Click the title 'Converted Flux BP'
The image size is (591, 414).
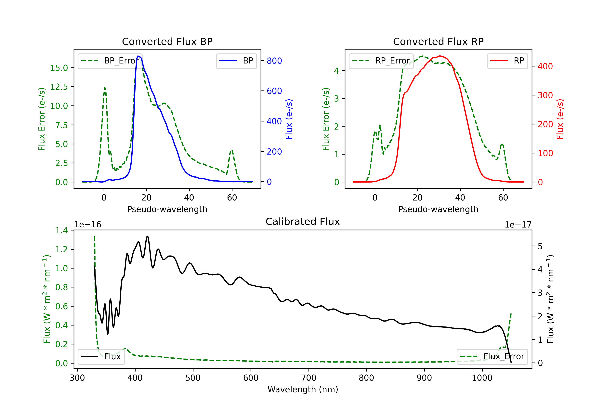pos(167,41)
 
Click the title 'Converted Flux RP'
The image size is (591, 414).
pos(438,41)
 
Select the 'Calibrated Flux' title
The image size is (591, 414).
pos(303,222)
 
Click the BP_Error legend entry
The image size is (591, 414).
pos(110,61)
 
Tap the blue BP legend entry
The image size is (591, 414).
pos(236,61)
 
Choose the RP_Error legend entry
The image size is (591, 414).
pos(381,61)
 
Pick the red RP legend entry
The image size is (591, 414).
pos(507,61)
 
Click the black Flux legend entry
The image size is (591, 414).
pos(101,357)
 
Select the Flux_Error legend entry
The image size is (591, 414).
pos(492,357)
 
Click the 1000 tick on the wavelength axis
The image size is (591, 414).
pos(482,378)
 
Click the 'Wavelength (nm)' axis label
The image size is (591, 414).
pos(303,390)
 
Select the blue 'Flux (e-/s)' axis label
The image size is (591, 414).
pos(289,119)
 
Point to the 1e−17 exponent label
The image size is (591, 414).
pos(518,225)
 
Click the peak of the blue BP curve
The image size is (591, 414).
pos(138,56)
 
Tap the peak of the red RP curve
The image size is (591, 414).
pos(440,56)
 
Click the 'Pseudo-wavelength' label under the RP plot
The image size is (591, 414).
pos(438,209)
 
